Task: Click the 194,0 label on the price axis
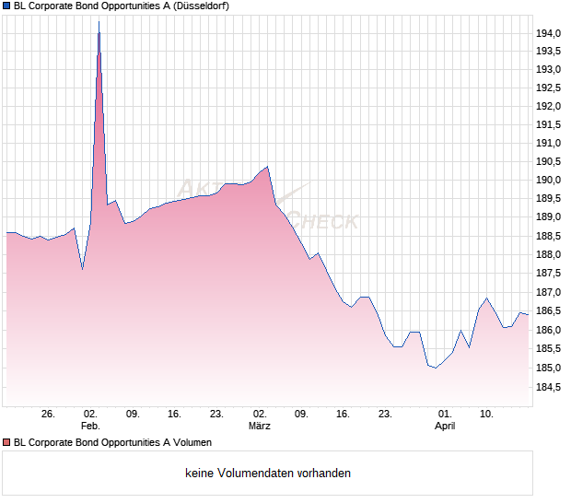tap(549, 33)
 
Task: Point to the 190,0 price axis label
tap(549, 180)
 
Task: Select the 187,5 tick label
tap(549, 274)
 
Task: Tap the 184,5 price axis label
tap(549, 387)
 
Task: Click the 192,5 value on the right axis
tap(549, 88)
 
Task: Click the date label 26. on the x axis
tap(49, 415)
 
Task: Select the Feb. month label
tap(90, 427)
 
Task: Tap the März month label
tap(260, 427)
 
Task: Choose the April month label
tap(445, 427)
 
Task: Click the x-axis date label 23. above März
tap(216, 415)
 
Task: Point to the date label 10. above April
tap(487, 415)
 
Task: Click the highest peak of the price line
tap(99, 22)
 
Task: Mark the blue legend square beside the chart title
tap(6, 6)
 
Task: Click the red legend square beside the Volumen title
tap(6, 442)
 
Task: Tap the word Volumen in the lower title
tap(192, 442)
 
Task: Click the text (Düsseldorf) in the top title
tap(199, 6)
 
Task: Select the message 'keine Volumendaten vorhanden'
tap(268, 474)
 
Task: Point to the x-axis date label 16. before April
tap(344, 415)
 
